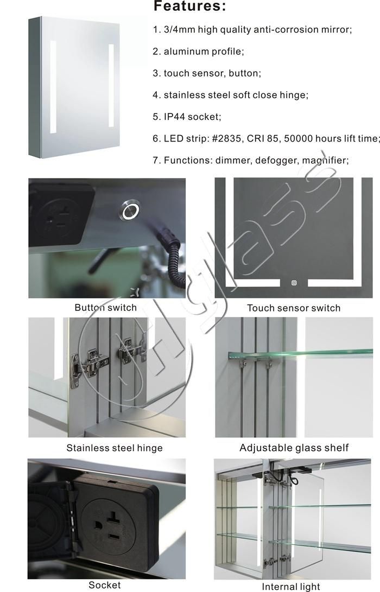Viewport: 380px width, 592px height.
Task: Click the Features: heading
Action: tap(189, 6)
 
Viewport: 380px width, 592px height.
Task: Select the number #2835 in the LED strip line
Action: tap(226, 138)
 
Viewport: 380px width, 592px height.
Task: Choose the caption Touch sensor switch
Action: tap(294, 308)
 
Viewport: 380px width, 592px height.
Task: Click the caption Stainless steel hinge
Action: tap(115, 448)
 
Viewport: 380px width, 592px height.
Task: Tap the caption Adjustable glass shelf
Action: tap(294, 448)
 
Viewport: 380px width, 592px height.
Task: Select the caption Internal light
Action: tap(291, 587)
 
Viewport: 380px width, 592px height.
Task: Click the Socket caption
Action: tap(105, 585)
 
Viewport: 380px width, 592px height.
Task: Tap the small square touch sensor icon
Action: tap(294, 283)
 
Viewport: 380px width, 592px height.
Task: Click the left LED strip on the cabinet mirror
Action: tap(53, 87)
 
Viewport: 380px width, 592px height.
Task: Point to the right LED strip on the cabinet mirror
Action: tap(111, 86)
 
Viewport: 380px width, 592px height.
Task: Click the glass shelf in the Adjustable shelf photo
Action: tap(300, 354)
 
